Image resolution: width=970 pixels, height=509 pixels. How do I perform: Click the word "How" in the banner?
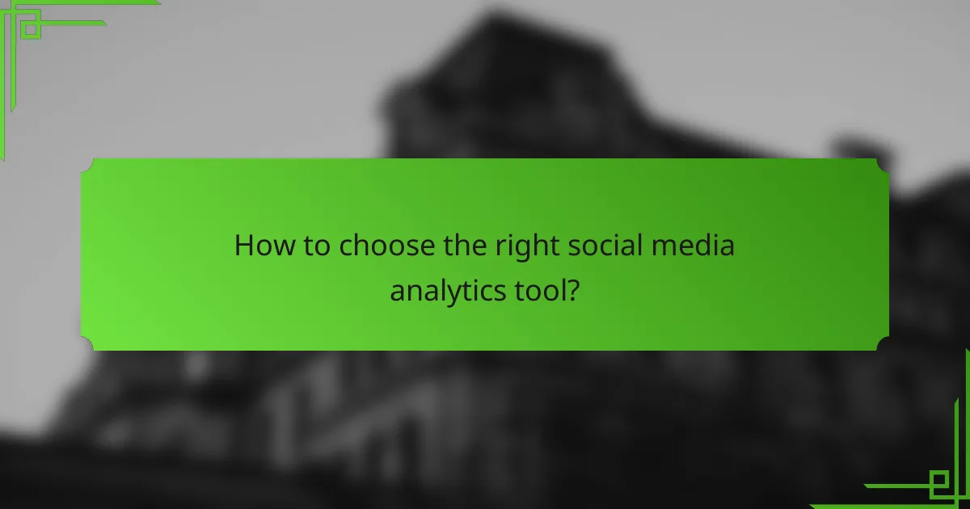[259, 246]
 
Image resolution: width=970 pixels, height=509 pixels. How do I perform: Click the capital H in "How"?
[243, 246]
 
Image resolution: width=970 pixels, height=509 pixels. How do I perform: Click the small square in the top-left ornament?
[30, 28]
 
